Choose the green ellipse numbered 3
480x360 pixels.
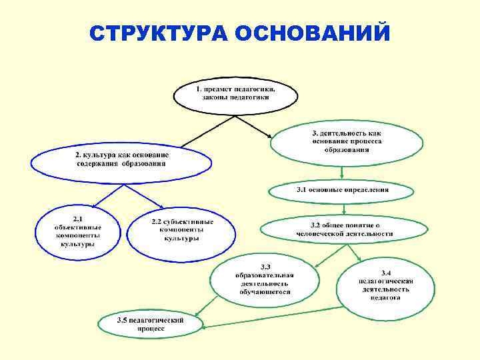(347, 141)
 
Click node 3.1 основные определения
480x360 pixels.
(342, 191)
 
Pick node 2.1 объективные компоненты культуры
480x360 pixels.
(77, 232)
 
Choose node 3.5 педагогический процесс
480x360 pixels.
(150, 324)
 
